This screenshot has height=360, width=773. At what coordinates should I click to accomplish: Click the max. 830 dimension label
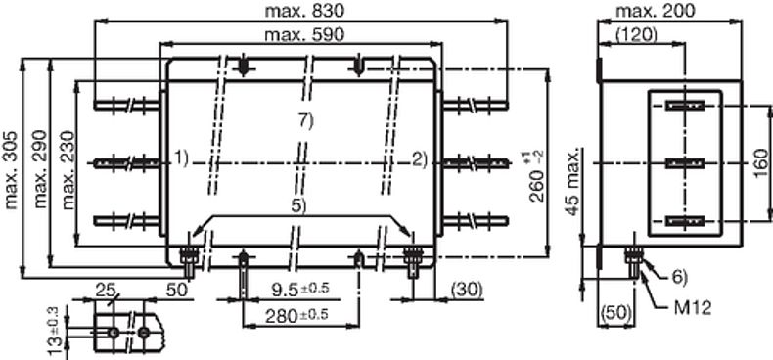303,11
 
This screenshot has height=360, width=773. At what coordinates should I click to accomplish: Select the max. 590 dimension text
304,35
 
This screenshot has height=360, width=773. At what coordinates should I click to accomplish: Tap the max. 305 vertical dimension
11,169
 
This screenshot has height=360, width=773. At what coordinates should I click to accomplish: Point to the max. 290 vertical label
40,168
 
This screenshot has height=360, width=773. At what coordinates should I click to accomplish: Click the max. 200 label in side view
655,11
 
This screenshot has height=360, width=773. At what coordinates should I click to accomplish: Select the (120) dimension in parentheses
636,33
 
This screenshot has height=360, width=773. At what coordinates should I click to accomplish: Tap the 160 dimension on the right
761,162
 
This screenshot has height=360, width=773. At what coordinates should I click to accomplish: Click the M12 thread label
693,309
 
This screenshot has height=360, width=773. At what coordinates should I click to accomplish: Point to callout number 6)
679,278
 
